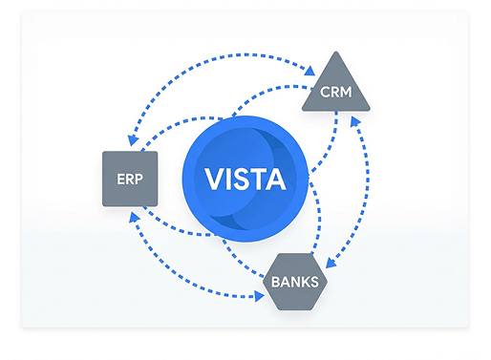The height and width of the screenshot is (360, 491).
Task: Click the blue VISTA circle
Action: [x=246, y=178]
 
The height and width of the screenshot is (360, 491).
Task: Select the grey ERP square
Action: [x=129, y=179]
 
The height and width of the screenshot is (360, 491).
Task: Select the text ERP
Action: [x=129, y=180]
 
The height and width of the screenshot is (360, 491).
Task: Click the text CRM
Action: [x=334, y=95]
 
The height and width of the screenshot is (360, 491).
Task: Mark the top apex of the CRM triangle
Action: [x=334, y=54]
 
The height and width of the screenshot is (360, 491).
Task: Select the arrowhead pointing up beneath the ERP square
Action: [x=133, y=213]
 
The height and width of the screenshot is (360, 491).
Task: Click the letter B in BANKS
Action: [x=276, y=282]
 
